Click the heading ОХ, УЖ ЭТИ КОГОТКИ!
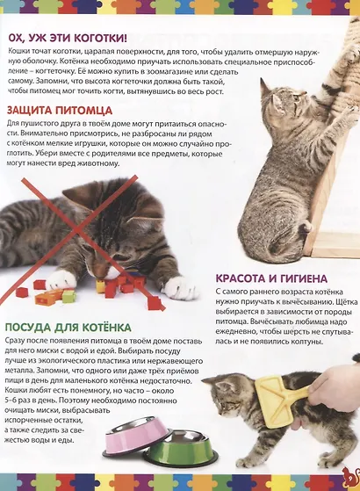[67, 40]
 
